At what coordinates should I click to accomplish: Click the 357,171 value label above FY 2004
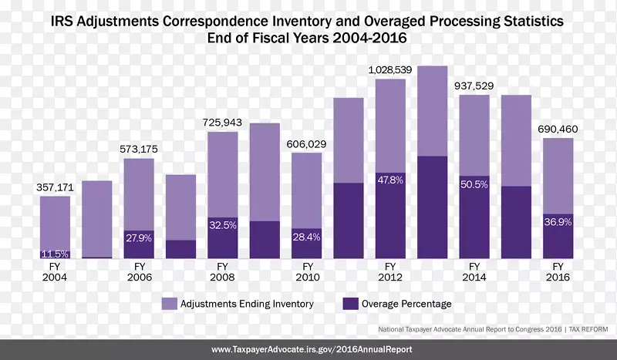point(55,187)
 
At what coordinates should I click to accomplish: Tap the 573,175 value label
point(139,149)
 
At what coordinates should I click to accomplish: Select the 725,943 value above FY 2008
point(223,123)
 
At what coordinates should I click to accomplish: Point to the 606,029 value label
point(307,143)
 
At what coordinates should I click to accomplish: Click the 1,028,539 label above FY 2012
point(390,69)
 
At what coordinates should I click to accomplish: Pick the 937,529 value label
point(474,86)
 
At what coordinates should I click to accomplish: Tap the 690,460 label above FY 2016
point(558,129)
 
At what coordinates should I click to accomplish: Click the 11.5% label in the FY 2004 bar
point(55,254)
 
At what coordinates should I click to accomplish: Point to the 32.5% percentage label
point(223,227)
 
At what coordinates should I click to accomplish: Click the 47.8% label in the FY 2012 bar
point(390,180)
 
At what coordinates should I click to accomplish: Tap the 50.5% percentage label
point(474,184)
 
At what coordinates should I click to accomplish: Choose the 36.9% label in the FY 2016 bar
point(558,222)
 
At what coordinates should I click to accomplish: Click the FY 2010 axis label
point(307,271)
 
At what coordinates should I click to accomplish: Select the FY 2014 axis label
point(474,271)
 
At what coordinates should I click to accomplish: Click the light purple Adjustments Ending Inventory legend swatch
point(168,304)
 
